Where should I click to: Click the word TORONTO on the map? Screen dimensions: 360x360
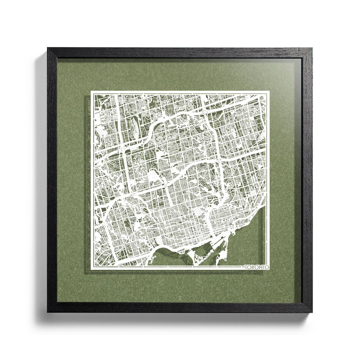coord(257,267)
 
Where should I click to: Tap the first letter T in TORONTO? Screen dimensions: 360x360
coord(246,267)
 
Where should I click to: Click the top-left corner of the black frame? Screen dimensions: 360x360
coord(48,48)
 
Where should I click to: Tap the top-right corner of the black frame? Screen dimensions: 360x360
coord(312,48)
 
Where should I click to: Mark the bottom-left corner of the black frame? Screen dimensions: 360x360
coord(48,312)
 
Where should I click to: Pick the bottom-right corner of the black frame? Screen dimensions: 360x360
coord(312,312)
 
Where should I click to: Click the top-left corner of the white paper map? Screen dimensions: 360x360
coord(91,91)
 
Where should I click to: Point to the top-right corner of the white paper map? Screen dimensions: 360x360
coord(269,91)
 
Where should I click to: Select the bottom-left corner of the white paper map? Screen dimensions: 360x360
coord(91,269)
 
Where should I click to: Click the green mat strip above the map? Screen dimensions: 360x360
coord(180,75)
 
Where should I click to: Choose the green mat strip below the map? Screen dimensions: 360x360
coord(180,287)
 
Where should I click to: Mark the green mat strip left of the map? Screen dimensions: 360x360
coord(72,180)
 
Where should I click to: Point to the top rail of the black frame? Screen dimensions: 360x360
coord(180,53)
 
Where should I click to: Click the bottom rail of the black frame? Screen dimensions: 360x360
coord(180,307)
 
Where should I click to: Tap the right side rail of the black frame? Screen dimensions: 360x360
coord(307,180)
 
